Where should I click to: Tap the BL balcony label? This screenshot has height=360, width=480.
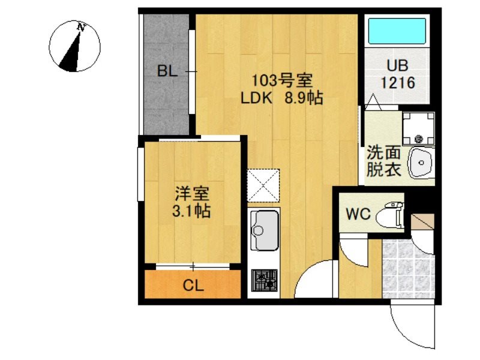167,71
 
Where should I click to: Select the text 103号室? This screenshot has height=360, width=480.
277,80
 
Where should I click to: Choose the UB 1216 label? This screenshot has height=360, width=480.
396,76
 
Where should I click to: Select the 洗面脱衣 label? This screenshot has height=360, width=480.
383,161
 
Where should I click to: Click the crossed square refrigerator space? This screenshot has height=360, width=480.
263,185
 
